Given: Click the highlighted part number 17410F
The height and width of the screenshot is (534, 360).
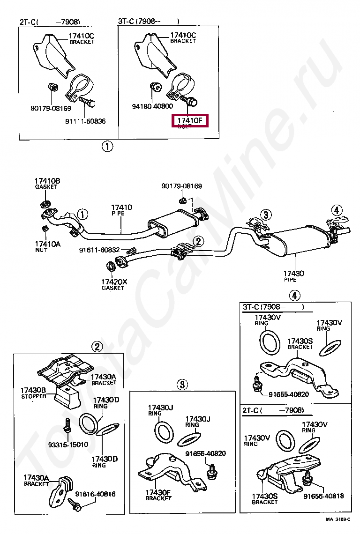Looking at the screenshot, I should click(190, 121).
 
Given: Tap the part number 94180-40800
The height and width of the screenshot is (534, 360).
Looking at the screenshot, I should click(152, 106).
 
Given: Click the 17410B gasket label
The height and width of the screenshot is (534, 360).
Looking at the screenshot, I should click(47, 181).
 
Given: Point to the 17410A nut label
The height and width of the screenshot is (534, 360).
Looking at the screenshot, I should click(47, 244).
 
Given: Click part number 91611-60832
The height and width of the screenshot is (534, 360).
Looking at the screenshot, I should click(99, 250).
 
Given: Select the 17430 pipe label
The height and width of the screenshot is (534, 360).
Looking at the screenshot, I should click(293, 273).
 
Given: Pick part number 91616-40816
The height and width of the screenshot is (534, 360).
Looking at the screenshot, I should click(95, 494).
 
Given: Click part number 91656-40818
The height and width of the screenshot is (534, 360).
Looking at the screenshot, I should click(323, 496).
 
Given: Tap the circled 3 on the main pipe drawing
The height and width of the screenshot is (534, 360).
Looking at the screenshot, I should click(266, 215).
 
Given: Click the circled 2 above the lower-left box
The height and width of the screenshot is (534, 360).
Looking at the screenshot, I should click(97, 347).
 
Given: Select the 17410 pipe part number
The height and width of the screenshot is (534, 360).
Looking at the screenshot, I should click(121, 207).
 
